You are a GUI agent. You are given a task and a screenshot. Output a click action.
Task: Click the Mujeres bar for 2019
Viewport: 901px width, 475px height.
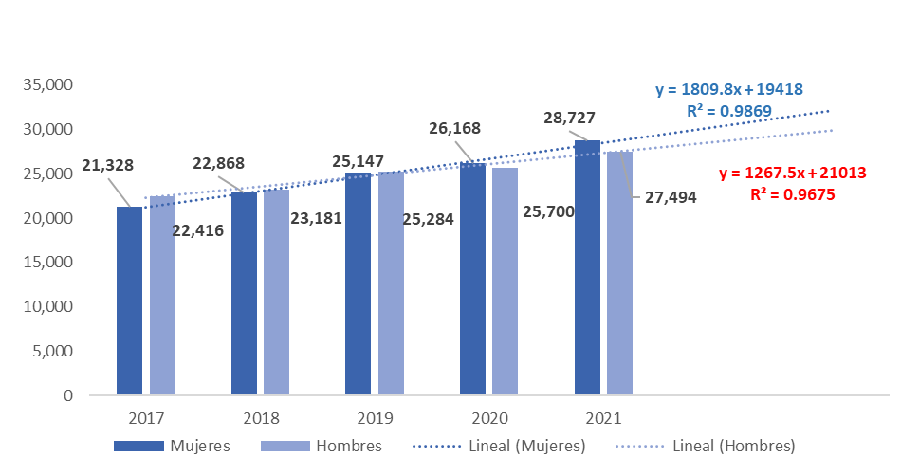coord(358,283)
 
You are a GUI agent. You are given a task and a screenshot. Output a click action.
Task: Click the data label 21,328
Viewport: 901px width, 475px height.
coord(107,165)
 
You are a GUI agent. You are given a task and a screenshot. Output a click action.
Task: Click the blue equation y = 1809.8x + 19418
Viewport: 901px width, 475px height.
coord(729,90)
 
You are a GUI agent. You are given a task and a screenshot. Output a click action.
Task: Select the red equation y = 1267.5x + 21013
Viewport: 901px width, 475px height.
coord(793,174)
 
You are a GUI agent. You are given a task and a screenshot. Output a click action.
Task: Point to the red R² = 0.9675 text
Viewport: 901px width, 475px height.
coord(793,195)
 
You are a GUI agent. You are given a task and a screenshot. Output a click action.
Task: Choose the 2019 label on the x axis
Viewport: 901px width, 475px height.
coord(375,417)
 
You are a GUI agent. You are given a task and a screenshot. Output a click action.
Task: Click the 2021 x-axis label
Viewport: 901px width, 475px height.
coord(603,417)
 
